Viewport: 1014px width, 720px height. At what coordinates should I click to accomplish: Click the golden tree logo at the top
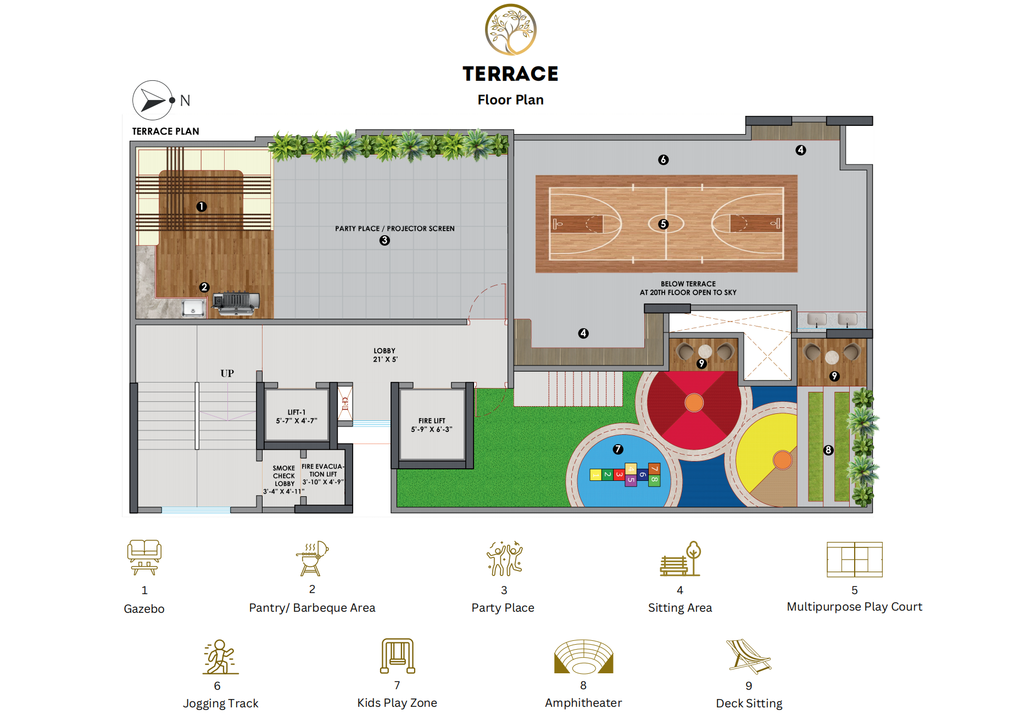coord(510,30)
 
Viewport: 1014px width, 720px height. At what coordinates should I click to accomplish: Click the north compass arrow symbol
coord(153,101)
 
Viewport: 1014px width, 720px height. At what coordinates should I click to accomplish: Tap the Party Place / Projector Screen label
coord(394,229)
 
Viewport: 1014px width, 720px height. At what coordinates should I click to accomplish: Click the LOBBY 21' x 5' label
coord(385,355)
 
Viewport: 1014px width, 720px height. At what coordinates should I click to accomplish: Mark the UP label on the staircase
coord(227,373)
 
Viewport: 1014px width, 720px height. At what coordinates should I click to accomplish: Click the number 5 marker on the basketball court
coord(664,224)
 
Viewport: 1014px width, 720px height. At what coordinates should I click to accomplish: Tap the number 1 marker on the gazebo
coord(202,207)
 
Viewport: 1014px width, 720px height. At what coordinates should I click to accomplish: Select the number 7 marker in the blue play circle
coord(618,449)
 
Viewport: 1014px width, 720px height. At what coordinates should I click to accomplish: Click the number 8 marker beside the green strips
coord(828,450)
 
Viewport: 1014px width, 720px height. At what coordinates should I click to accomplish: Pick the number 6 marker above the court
coord(664,160)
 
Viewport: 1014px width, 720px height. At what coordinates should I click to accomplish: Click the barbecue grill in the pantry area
coord(236,302)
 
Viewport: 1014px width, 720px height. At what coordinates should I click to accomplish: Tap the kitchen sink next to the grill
coord(193,308)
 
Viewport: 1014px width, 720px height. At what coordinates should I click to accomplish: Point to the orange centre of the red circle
coord(694,402)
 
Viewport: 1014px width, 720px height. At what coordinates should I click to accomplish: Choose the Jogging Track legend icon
coord(221,657)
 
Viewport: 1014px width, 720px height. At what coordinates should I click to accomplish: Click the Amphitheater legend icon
coord(583,656)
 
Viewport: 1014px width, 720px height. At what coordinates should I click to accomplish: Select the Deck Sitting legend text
coord(749,704)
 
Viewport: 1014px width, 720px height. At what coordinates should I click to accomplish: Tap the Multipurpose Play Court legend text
coord(855,607)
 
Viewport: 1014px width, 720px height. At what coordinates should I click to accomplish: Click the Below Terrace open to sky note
coord(688,289)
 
